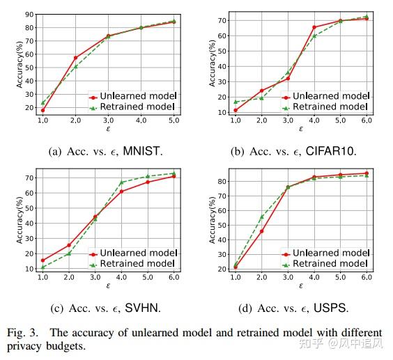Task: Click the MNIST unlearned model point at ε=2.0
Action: coord(75,58)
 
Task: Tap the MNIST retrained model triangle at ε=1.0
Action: coord(43,102)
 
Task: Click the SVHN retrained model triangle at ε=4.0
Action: coord(121,182)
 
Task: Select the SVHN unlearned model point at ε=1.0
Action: coord(43,260)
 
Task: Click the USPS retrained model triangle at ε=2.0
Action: coord(262,217)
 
